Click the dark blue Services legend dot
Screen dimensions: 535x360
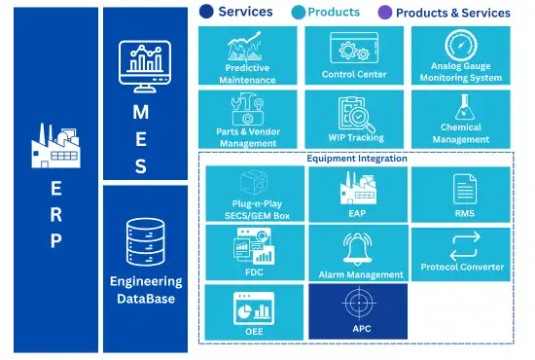pyautogui.click(x=206, y=12)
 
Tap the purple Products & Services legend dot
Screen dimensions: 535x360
pyautogui.click(x=385, y=13)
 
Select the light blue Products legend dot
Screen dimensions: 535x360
pyautogui.click(x=299, y=13)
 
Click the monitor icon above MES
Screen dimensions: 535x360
pyautogui.click(x=145, y=66)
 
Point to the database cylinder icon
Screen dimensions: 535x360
pyautogui.click(x=146, y=242)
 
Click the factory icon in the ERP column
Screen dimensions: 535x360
pyautogui.click(x=56, y=146)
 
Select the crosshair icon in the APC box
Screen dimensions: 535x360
pyautogui.click(x=359, y=303)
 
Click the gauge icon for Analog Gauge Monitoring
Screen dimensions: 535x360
pyautogui.click(x=461, y=46)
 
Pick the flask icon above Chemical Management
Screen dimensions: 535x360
pyautogui.click(x=464, y=107)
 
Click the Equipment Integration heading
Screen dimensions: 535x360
pyautogui.click(x=357, y=159)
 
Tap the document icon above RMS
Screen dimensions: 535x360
pyautogui.click(x=465, y=189)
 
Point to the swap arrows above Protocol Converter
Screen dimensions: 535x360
pyautogui.click(x=465, y=247)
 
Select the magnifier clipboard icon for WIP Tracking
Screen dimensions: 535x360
pyautogui.click(x=356, y=114)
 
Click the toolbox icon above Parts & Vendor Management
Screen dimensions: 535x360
pyautogui.click(x=248, y=109)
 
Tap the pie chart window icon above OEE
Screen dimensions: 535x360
pyautogui.click(x=254, y=308)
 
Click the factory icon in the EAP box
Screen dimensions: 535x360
pyautogui.click(x=358, y=188)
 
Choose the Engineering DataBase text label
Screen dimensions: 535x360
pyautogui.click(x=146, y=290)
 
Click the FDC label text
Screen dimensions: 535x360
pyautogui.click(x=254, y=272)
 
